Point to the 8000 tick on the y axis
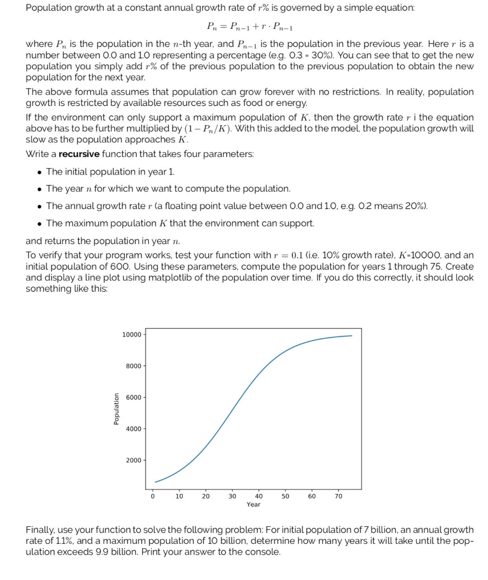[135, 366]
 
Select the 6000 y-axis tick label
[135, 397]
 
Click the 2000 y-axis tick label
[135, 460]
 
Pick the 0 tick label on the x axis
[152, 496]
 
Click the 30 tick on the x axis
[232, 496]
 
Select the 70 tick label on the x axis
[339, 496]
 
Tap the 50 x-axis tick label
[285, 496]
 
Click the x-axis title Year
[254, 504]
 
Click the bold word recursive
[79, 154]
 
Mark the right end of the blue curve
[352, 336]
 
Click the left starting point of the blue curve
[155, 482]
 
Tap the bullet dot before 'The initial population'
[38, 172]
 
